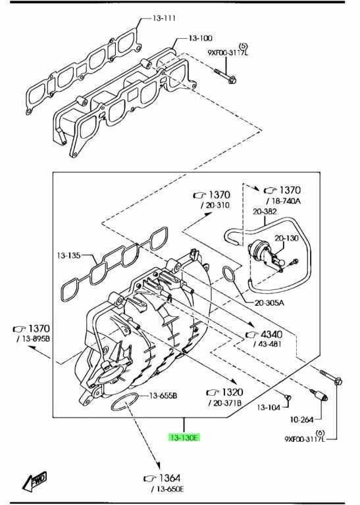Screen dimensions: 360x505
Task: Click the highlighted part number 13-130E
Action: [x=184, y=437]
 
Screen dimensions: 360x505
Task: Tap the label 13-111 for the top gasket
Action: [x=164, y=18]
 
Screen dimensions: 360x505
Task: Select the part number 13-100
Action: [x=200, y=38]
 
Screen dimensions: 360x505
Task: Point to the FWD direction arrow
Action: [x=34, y=481]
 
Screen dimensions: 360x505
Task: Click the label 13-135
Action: [x=68, y=255]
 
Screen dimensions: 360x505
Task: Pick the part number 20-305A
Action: [x=269, y=302]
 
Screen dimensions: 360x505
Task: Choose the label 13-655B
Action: [x=163, y=395]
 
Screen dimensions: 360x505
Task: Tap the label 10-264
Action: [x=301, y=420]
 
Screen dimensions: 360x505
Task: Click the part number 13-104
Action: [x=269, y=408]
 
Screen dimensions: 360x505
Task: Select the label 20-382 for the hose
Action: [x=265, y=211]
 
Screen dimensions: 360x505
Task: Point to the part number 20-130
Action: [x=286, y=238]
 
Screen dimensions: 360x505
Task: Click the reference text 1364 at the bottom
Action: [x=170, y=478]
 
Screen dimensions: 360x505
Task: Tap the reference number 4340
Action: [x=271, y=334]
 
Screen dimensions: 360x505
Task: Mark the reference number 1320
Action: [x=232, y=393]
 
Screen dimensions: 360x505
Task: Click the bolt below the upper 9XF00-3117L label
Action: [x=225, y=76]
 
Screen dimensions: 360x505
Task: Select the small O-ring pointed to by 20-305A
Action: [x=229, y=274]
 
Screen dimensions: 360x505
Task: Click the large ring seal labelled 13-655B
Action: [x=125, y=402]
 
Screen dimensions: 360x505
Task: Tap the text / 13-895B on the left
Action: [x=34, y=339]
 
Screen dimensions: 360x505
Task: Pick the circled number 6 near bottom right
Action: [x=320, y=433]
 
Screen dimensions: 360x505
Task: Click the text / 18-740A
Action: [x=284, y=201]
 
